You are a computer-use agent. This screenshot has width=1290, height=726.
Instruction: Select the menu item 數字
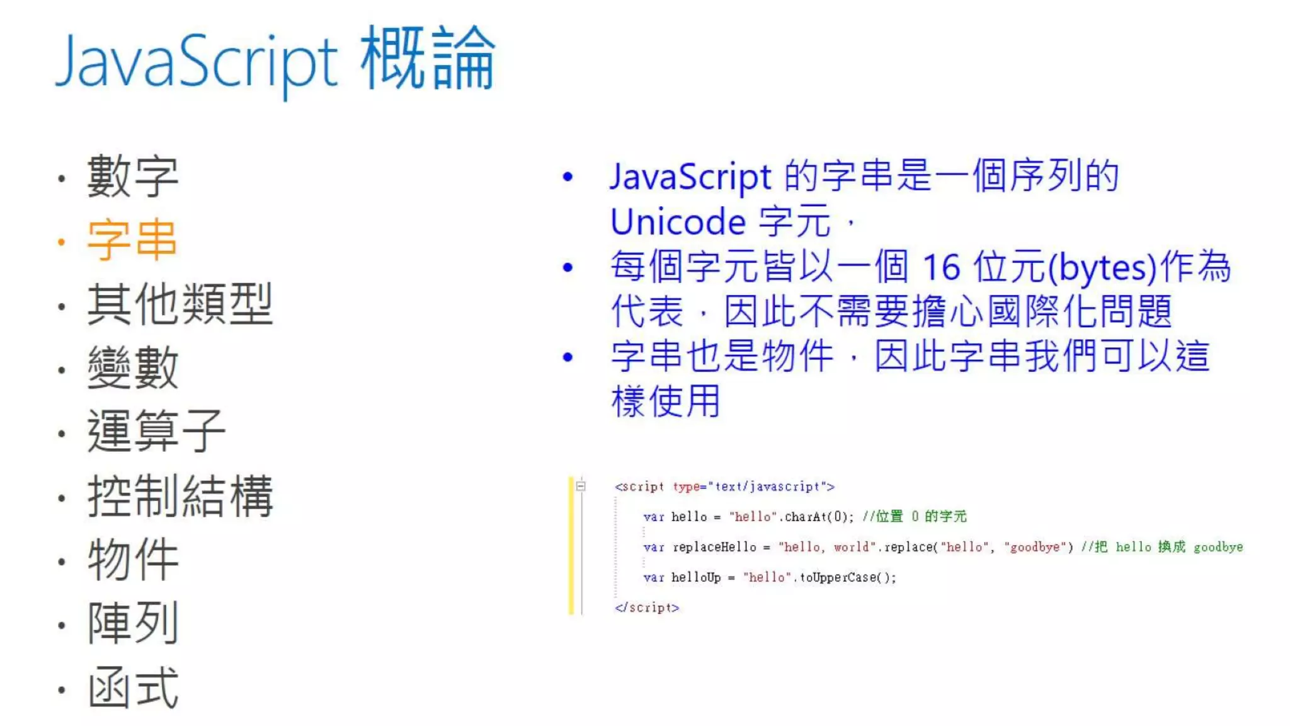point(132,176)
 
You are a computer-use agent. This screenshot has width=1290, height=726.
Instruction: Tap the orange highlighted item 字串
point(132,240)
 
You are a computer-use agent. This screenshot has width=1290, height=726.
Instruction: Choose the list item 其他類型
point(180,304)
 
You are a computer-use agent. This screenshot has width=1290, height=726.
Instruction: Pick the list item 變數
point(132,367)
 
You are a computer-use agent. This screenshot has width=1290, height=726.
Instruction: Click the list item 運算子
point(156,431)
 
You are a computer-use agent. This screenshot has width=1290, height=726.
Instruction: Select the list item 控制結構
point(180,496)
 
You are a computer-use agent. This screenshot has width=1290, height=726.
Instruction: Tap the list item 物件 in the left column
point(132,560)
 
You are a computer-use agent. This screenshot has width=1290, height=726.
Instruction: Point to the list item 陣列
point(132,623)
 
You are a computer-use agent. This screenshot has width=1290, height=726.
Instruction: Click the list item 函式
point(132,688)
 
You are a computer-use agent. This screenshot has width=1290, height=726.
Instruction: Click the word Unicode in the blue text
point(678,222)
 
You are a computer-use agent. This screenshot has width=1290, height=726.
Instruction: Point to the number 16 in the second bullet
point(941,267)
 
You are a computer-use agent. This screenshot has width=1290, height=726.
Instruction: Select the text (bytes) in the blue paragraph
point(1102,267)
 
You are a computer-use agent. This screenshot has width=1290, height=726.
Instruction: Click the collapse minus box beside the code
point(581,486)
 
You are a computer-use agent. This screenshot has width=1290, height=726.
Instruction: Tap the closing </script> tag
point(647,608)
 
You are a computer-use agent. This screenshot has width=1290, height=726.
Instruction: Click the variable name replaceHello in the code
point(714,547)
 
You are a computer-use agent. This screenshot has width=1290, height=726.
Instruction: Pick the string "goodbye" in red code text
point(1035,547)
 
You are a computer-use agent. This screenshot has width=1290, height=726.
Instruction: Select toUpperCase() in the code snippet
point(847,577)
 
